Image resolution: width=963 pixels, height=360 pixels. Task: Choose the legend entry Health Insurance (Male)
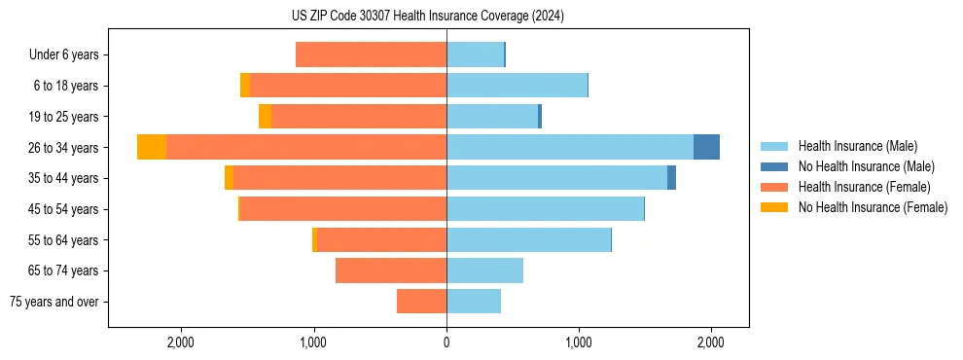[852, 146]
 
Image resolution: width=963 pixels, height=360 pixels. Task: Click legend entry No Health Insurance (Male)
[866, 166]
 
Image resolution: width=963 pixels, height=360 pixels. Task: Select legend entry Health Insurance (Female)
[864, 187]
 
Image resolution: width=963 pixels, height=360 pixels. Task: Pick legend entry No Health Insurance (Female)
[873, 207]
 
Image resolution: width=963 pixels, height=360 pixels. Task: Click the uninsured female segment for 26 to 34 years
[152, 147]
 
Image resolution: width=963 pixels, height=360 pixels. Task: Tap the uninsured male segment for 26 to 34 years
[706, 147]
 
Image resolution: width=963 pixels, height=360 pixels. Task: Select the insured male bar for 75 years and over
[474, 302]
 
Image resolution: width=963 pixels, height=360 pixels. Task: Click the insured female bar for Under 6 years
[371, 54]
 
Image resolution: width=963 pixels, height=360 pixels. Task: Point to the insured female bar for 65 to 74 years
[391, 270]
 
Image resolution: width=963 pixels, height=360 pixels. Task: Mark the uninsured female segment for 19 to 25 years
[265, 117]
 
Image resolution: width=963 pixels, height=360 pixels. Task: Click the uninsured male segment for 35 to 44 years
[671, 178]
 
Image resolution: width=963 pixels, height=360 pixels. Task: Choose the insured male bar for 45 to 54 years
[545, 209]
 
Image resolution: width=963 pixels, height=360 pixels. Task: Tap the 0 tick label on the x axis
[446, 342]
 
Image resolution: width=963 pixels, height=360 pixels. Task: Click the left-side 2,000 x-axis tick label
[182, 342]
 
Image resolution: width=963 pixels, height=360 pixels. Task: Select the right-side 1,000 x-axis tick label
[579, 342]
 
